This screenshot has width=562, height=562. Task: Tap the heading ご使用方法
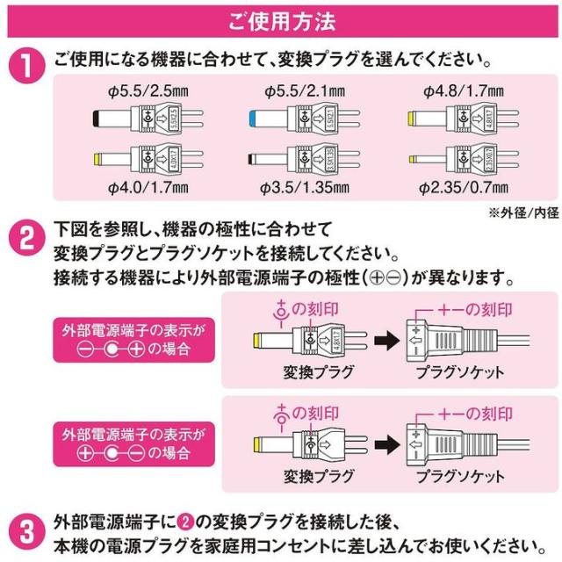pyautogui.click(x=280, y=17)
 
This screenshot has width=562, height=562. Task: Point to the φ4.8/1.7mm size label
pyautogui.click(x=463, y=90)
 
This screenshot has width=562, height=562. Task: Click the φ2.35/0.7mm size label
pyautogui.click(x=463, y=185)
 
